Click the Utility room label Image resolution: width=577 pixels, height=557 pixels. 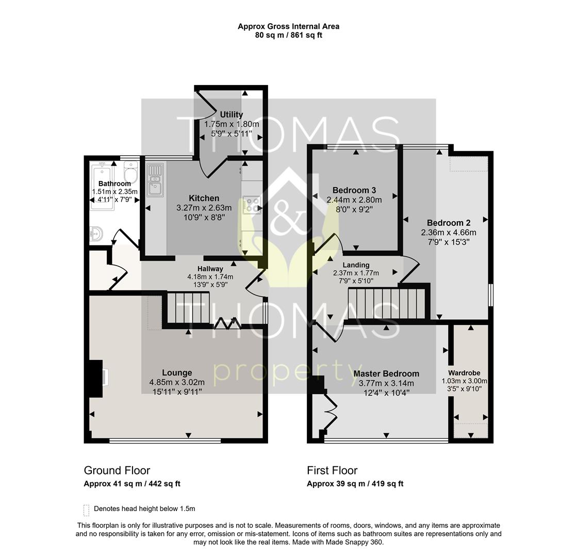(231, 114)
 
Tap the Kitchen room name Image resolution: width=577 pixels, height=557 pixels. (204, 198)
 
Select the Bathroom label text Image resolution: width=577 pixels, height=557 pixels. (114, 184)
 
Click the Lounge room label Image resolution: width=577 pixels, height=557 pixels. (177, 372)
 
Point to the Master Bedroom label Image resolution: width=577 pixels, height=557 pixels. (386, 373)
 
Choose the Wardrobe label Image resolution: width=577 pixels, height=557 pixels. (464, 372)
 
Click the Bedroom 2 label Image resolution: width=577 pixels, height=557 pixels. (448, 223)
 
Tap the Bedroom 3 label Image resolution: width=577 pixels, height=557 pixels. (354, 190)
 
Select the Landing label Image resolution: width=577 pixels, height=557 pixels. (356, 265)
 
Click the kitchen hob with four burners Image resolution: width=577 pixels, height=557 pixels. (252, 205)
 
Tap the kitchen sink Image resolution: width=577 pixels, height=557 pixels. (155, 179)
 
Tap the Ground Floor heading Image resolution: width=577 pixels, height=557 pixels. (117, 470)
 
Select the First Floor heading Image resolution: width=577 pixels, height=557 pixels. (332, 470)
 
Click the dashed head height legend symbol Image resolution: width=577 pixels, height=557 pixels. (86, 510)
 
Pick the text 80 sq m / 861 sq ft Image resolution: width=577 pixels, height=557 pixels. (288, 35)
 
